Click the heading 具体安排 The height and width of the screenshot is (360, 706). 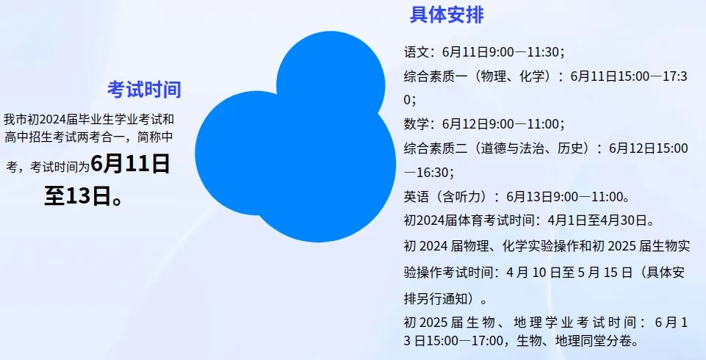point(447,15)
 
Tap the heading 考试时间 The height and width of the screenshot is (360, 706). point(145,90)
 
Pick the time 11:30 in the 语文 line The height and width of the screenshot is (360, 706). point(543,52)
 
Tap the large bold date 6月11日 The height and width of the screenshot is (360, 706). point(130,163)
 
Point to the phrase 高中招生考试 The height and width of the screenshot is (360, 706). point(40,137)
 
